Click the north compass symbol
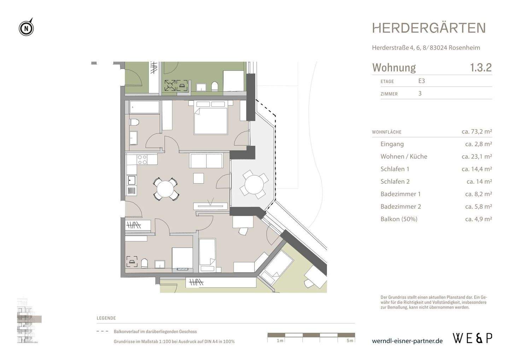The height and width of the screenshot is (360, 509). coord(27,27)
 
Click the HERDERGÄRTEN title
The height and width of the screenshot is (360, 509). coord(429,28)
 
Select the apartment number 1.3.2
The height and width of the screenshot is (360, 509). coord(481,68)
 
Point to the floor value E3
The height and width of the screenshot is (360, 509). coord(421,81)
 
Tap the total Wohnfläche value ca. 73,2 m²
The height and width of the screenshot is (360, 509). coord(477,131)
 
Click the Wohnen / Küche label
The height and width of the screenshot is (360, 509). coord(404,156)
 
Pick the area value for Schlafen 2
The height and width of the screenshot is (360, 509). coord(479,181)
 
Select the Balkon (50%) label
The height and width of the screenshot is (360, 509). coord(399,219)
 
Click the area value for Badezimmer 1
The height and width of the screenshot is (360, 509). coord(479,194)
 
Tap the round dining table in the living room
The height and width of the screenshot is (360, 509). coord(165,189)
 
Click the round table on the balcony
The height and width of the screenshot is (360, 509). coord(254,184)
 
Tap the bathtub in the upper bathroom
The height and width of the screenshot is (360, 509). coord(144,107)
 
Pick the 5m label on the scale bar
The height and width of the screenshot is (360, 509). coord(350,341)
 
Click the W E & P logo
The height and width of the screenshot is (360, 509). coord(473,338)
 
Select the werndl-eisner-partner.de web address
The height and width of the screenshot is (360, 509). coord(407,341)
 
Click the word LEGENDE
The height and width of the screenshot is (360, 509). coord(106,318)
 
